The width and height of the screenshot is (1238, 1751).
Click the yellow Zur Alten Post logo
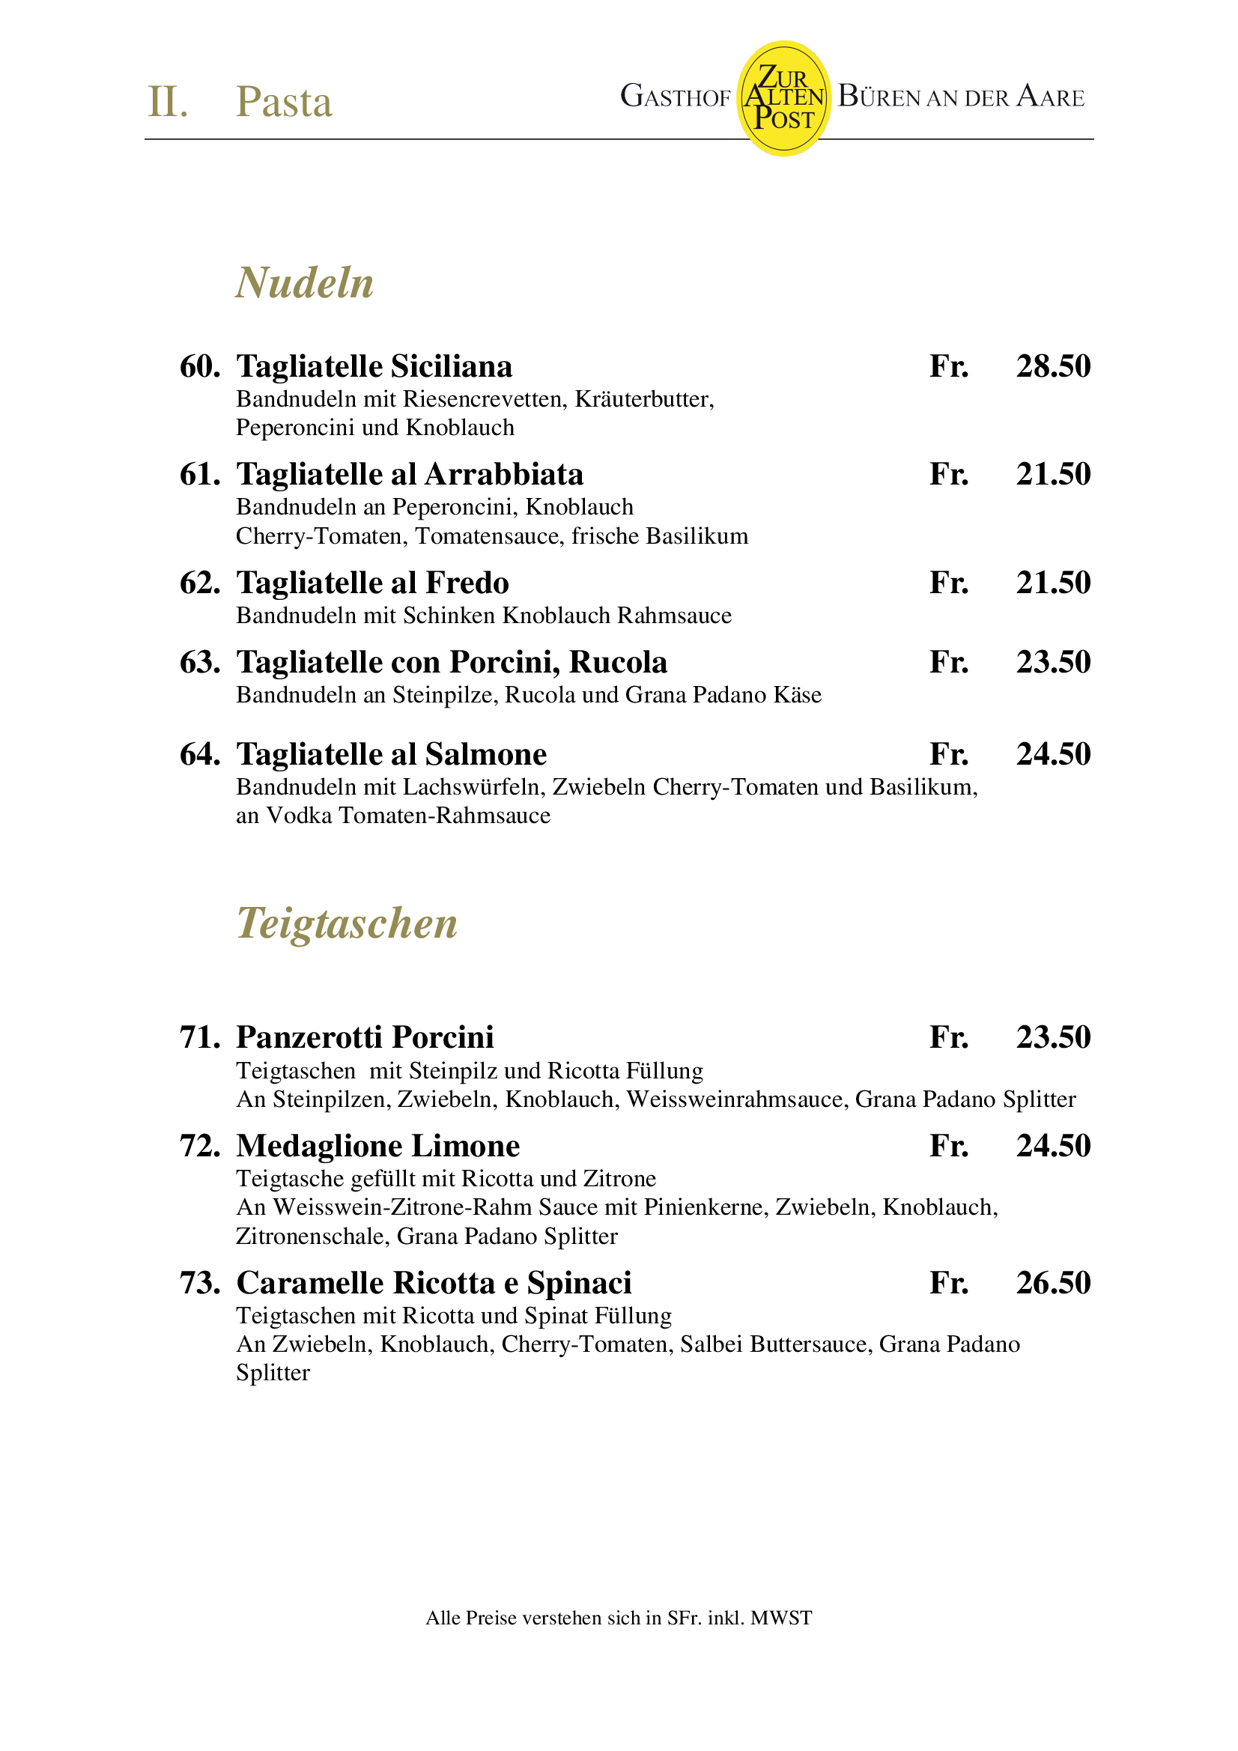783,98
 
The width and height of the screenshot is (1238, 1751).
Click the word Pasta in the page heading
284,102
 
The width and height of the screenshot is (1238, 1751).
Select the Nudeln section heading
304,283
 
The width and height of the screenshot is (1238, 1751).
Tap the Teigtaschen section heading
347,923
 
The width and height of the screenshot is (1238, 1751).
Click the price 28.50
1053,367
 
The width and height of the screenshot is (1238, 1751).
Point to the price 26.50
1053,1284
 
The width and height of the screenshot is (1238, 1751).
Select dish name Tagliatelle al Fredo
372,583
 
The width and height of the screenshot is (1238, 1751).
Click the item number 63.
199,663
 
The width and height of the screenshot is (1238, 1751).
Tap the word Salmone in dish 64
486,755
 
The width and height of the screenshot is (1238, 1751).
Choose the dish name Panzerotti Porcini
365,1038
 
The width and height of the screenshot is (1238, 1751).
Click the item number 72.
199,1146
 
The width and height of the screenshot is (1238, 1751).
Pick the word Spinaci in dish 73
579,1284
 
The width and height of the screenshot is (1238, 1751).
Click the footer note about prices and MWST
619,1618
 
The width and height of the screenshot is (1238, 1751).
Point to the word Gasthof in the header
675,97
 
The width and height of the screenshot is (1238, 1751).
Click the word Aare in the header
1050,97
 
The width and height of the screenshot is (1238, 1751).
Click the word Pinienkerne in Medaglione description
706,1207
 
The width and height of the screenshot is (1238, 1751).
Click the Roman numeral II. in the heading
167,102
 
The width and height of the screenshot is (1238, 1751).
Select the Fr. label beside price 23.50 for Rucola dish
949,663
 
